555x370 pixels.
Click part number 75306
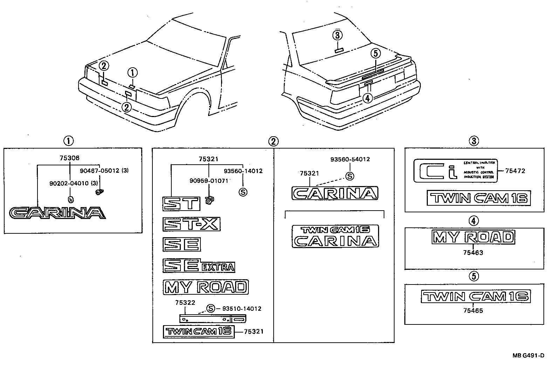click(70, 158)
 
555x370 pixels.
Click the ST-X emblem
click(191, 224)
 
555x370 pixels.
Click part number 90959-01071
click(209, 181)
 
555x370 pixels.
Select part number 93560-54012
click(350, 159)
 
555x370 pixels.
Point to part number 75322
click(185, 302)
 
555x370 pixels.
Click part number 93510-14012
click(241, 309)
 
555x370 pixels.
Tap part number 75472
click(515, 171)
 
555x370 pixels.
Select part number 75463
click(473, 252)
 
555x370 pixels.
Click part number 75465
click(473, 310)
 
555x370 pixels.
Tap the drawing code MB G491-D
click(528, 356)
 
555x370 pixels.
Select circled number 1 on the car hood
click(132, 73)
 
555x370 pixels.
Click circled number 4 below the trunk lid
click(367, 98)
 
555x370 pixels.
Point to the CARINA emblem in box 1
click(57, 213)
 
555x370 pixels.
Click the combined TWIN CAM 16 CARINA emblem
click(335, 236)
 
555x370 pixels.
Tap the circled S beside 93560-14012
click(242, 192)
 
